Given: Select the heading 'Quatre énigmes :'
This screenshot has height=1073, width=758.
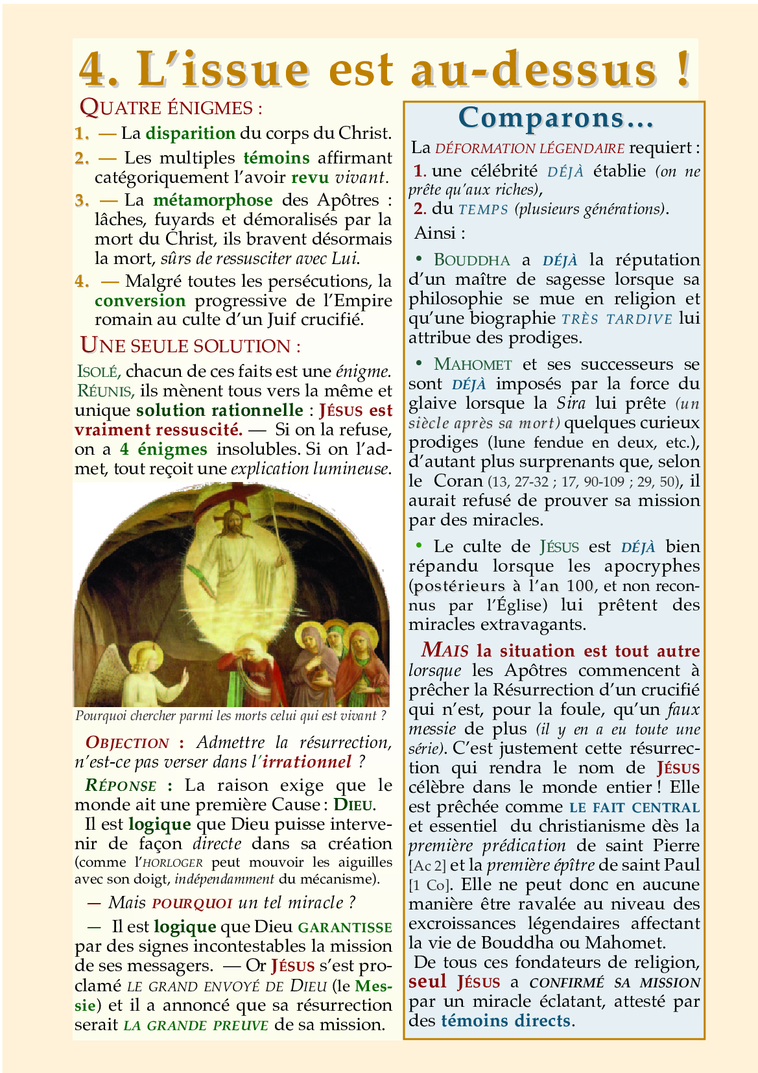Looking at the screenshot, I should [171, 108].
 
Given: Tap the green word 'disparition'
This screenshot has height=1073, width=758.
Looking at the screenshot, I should [190, 134].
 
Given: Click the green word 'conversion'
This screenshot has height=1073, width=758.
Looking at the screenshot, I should [140, 301].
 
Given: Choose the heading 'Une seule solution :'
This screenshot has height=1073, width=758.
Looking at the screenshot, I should [190, 346].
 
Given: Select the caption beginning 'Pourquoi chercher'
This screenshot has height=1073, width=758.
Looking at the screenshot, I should [231, 716].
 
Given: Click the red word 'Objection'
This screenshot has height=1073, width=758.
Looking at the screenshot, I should [127, 743].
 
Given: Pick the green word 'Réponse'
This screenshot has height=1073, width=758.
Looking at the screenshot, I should [121, 786].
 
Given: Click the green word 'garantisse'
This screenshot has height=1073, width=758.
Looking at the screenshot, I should [345, 928].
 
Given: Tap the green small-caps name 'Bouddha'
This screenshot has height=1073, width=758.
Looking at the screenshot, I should [472, 260].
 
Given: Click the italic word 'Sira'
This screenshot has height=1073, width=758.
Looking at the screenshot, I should [571, 404].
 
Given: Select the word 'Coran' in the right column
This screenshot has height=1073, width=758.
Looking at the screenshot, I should [458, 481].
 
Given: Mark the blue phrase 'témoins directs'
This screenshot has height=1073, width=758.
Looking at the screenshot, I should [505, 1021].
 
